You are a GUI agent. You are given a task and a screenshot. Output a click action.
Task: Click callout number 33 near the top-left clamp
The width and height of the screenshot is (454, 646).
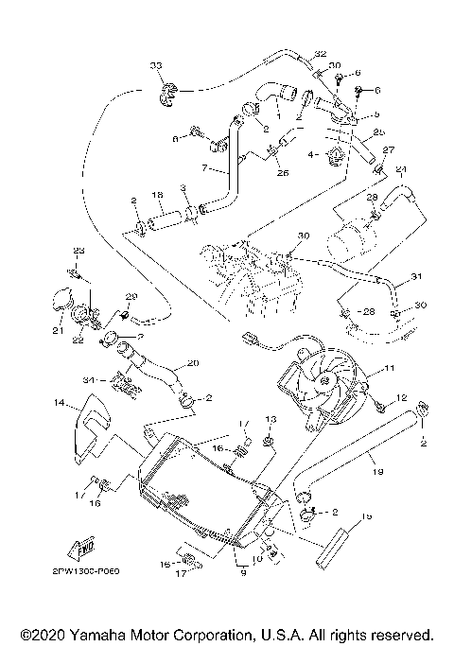156,65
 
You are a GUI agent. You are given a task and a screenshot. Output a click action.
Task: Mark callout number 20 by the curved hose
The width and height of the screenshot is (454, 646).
193,363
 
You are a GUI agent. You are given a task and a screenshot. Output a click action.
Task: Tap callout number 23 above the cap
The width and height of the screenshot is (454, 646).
79,250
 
